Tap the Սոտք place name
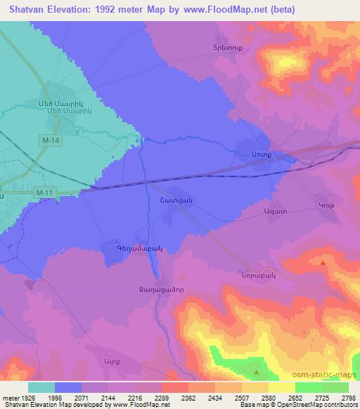(x=260, y=153)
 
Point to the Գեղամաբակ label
(x=125, y=247)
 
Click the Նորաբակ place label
(x=255, y=275)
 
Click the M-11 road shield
(x=44, y=192)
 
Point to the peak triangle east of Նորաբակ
(x=323, y=262)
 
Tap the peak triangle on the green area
(x=257, y=372)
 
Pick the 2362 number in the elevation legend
(x=187, y=398)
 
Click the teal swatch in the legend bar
(x=41, y=387)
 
